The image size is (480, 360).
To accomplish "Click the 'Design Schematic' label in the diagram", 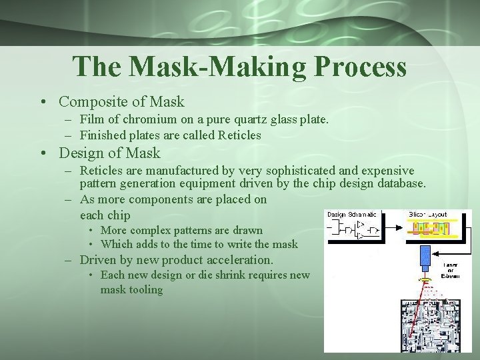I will coord(352,214).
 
